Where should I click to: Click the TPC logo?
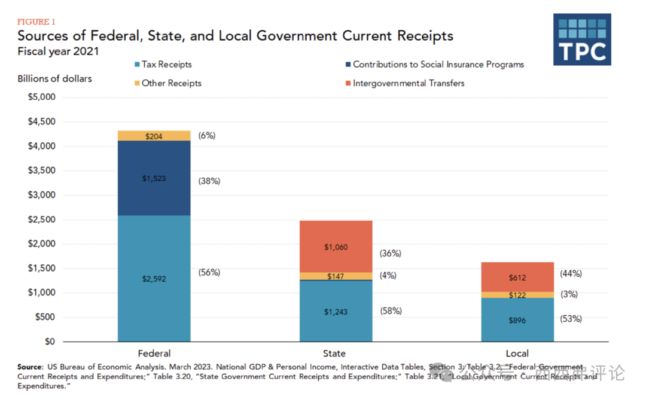click(x=582, y=39)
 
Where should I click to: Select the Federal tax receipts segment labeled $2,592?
click(x=154, y=278)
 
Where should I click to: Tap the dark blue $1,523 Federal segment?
click(x=154, y=178)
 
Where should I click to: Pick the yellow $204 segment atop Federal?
click(x=154, y=136)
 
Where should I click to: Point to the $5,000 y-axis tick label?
click(x=41, y=97)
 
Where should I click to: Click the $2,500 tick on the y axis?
click(x=41, y=220)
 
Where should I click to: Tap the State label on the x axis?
click(x=334, y=353)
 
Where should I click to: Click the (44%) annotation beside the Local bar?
click(x=571, y=273)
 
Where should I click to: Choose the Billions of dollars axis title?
click(x=55, y=78)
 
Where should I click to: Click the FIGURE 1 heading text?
click(x=36, y=22)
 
